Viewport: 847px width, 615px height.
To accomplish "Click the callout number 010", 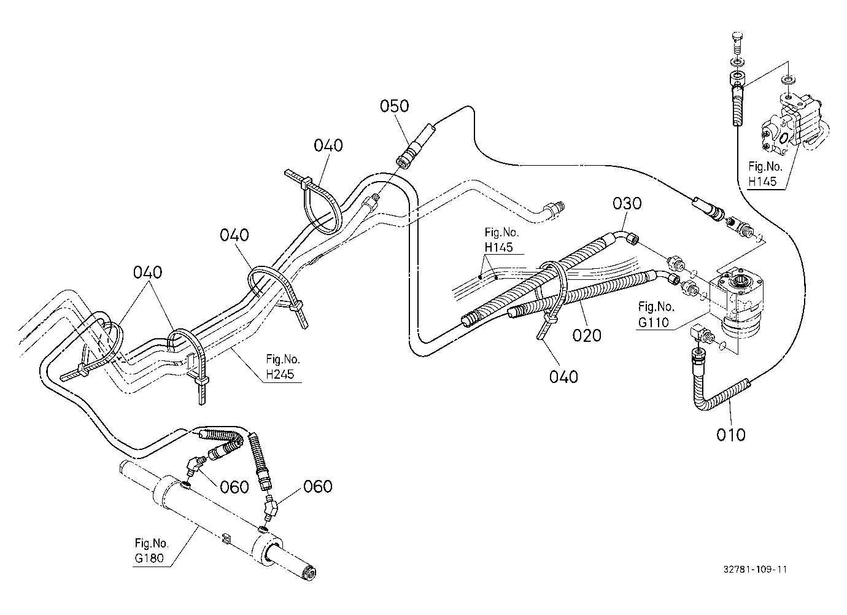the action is click(x=730, y=435).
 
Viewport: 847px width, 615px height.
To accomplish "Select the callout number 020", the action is click(x=587, y=335).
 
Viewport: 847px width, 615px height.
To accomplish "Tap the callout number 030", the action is click(x=627, y=204).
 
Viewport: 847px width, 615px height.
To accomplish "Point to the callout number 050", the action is click(x=395, y=106).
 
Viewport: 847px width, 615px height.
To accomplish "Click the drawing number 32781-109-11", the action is click(x=755, y=569).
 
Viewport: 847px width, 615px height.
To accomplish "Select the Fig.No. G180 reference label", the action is click(x=151, y=551).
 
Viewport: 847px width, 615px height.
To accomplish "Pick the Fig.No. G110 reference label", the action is click(x=656, y=314).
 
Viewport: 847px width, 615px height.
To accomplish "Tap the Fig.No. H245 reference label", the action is click(x=282, y=366).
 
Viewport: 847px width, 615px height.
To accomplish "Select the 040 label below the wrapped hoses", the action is click(x=563, y=377).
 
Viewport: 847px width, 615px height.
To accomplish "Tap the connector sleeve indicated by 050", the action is click(x=416, y=145).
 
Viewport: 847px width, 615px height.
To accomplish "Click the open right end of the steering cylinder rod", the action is click(x=311, y=574).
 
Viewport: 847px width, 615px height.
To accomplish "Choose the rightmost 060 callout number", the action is click(x=318, y=486).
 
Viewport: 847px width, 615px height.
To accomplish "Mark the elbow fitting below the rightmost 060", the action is click(x=271, y=508).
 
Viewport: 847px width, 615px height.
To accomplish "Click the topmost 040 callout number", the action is click(x=328, y=145).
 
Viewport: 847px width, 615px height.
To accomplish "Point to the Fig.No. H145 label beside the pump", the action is click(x=765, y=174).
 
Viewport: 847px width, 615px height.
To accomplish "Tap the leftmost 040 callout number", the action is click(x=147, y=273).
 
